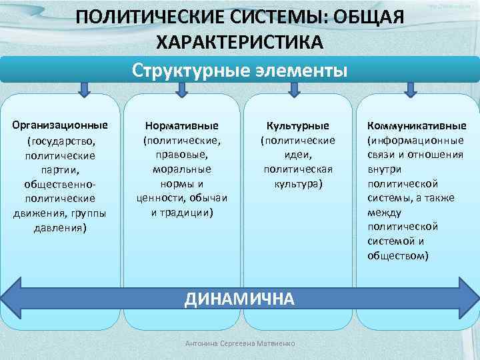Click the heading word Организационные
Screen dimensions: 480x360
click(61, 125)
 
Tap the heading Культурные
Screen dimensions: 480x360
click(297, 125)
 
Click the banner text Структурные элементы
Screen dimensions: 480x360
click(239, 70)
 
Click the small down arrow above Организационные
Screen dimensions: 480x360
click(85, 88)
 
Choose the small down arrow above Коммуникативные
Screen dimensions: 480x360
click(410, 88)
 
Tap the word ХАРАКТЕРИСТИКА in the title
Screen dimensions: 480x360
click(239, 41)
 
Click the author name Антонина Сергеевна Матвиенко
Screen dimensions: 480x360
click(241, 343)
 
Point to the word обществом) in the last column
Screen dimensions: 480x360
click(398, 255)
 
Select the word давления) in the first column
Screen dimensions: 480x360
click(61, 227)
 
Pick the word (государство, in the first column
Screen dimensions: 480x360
click(61, 140)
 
